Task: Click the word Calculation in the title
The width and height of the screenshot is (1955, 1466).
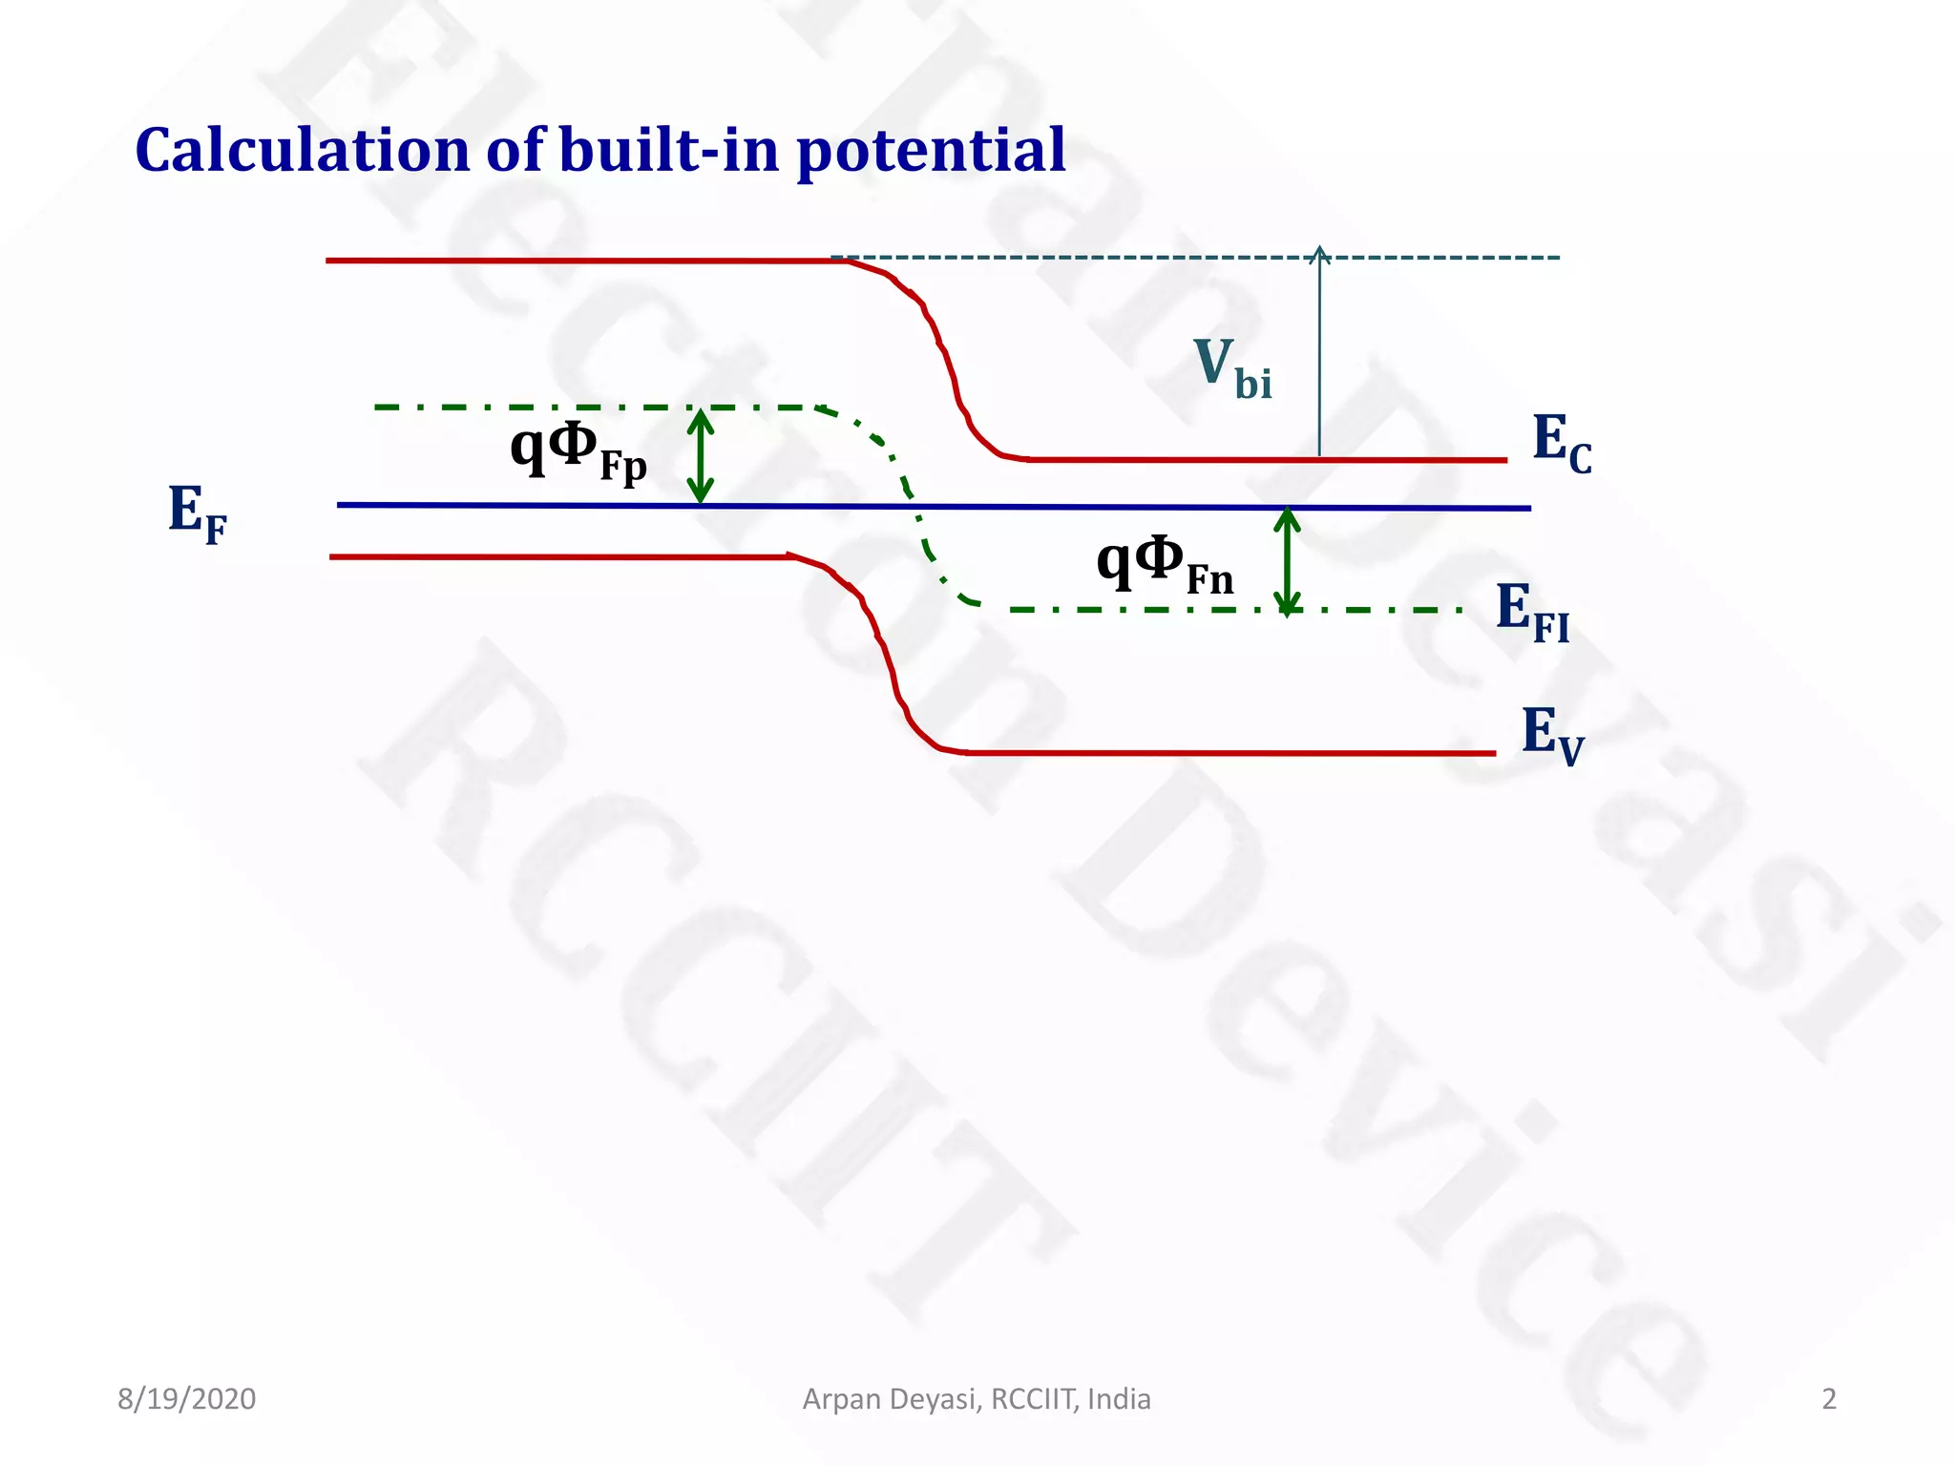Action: [x=303, y=150]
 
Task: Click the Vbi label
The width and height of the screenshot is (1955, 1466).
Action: [x=1231, y=368]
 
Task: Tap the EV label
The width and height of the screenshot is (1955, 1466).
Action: [x=1552, y=735]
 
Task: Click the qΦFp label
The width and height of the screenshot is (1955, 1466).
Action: [x=578, y=450]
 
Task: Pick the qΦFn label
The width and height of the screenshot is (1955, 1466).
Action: [x=1165, y=563]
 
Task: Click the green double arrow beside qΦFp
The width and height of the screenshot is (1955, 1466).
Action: [x=701, y=456]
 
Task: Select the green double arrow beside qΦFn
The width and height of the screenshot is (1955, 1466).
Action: [x=1288, y=561]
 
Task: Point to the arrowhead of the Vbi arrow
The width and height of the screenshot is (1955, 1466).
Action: [x=1319, y=253]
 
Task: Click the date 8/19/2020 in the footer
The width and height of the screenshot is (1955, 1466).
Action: [x=187, y=1398]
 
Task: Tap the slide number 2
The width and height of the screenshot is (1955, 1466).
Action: [x=1829, y=1398]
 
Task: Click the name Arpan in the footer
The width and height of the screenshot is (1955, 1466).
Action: [x=843, y=1398]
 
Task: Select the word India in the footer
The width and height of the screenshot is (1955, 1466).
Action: [x=1119, y=1398]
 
